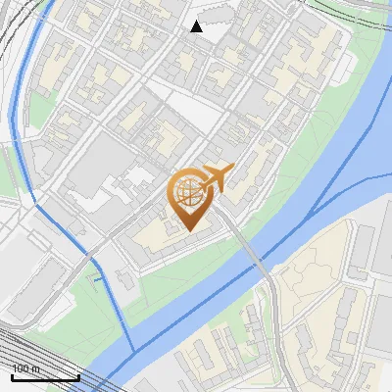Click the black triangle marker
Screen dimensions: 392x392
[x=197, y=26]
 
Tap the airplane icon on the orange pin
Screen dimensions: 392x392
[x=217, y=177]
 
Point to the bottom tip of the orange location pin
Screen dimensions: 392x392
[x=188, y=230]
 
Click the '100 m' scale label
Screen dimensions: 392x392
[x=25, y=369]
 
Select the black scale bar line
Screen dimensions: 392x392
[x=45, y=377]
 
